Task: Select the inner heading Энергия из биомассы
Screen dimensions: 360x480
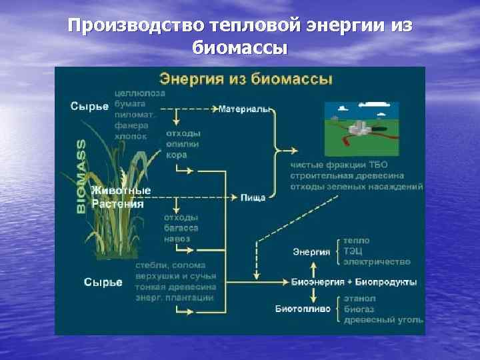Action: point(243,79)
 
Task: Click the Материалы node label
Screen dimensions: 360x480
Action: point(245,109)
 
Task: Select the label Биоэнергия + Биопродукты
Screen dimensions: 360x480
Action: point(354,282)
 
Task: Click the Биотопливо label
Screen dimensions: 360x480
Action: point(303,309)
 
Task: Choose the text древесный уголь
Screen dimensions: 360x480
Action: point(383,321)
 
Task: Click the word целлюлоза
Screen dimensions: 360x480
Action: point(140,94)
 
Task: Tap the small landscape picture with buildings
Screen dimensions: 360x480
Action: point(361,128)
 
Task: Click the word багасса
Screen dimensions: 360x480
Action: point(180,228)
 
